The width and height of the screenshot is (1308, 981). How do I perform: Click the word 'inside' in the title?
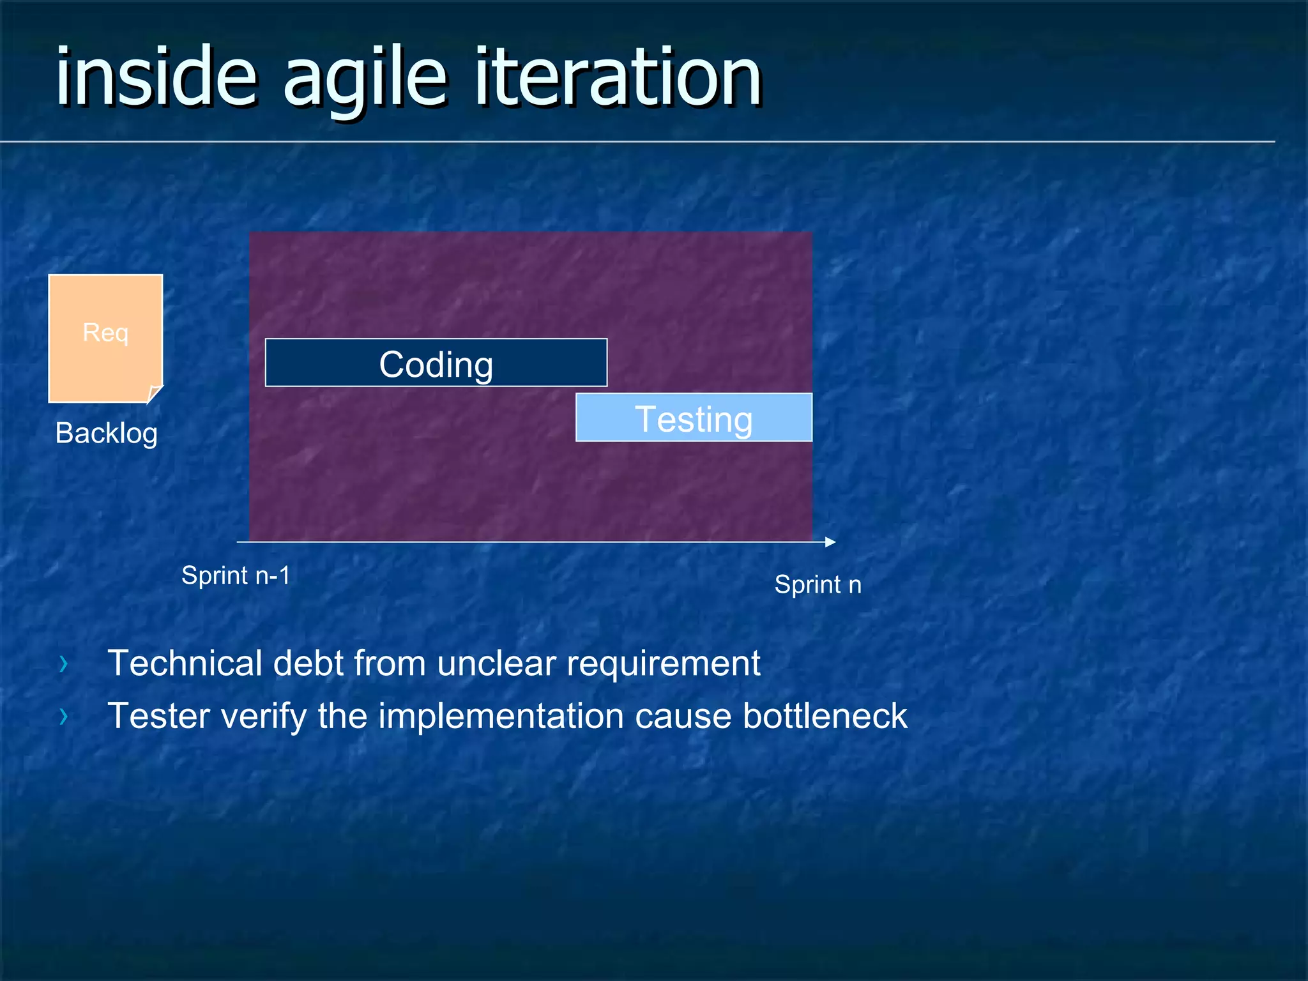(156, 77)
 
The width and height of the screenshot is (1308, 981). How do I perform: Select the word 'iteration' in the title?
(618, 77)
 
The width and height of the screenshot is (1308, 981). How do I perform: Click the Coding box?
(436, 363)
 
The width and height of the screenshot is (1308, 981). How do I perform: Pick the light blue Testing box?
(694, 418)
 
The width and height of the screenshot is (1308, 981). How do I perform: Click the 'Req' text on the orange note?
(105, 333)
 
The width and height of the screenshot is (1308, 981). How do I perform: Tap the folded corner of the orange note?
(154, 393)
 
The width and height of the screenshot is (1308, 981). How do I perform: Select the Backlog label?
(106, 433)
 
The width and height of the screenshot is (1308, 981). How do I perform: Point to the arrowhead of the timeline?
(830, 542)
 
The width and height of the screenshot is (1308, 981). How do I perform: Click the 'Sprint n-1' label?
(236, 575)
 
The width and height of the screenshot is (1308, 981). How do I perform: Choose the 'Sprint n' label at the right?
(817, 584)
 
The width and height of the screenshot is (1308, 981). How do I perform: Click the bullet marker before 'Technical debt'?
(63, 664)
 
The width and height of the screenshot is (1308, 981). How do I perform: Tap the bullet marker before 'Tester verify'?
(63, 717)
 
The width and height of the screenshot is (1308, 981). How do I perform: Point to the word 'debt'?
(308, 663)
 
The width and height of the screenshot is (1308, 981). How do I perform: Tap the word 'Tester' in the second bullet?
(158, 715)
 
